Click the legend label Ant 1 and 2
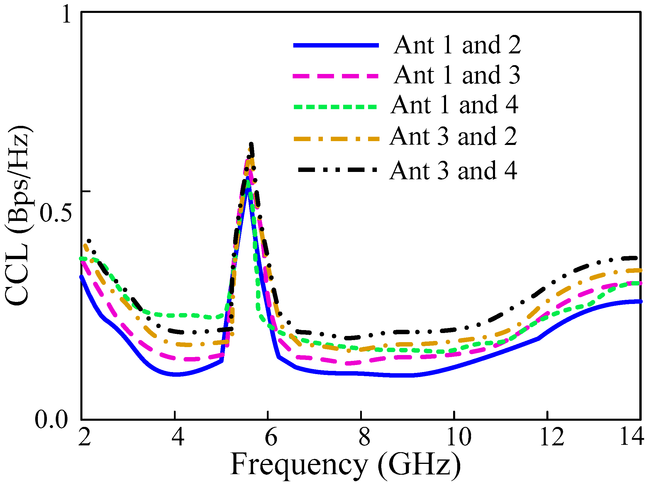pos(457,45)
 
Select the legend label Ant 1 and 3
pos(457,75)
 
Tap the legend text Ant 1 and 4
pos(455,105)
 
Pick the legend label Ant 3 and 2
pos(453,136)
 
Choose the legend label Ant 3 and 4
pos(453,170)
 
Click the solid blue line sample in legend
pos(336,45)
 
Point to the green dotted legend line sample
pos(335,107)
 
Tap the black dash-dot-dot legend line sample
pos(337,170)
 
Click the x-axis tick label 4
pos(178,437)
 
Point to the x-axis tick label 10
pos(458,437)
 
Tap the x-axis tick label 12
pos(552,437)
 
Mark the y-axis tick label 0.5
pos(56,213)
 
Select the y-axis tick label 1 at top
pos(67,15)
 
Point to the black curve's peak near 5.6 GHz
pos(251,144)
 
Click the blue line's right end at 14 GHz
pos(640,302)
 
